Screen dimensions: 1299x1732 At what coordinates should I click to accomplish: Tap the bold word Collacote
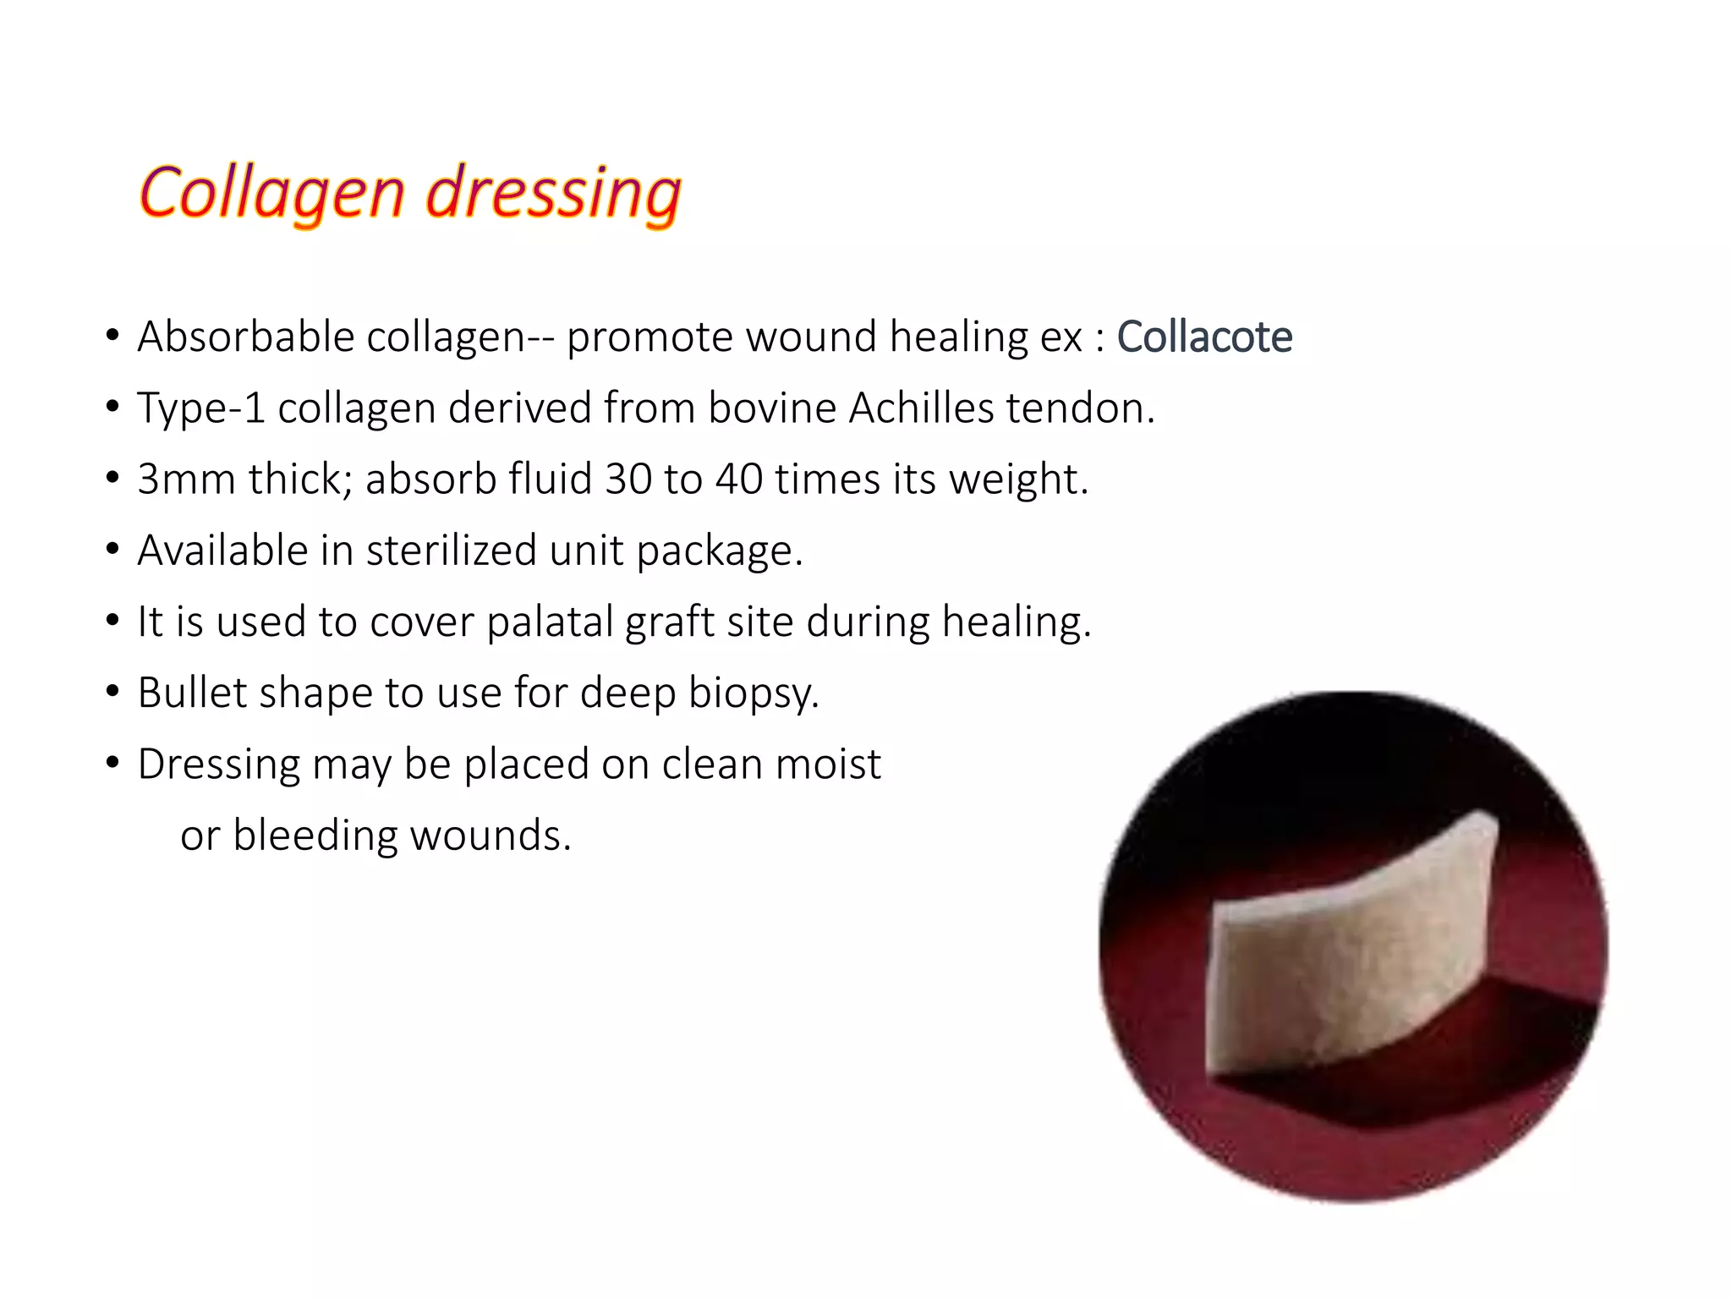tap(1204, 337)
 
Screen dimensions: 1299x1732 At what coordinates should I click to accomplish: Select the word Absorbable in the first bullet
tap(245, 337)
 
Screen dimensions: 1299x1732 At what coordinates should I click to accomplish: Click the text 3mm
tap(186, 479)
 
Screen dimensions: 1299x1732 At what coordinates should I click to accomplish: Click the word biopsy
tap(752, 693)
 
